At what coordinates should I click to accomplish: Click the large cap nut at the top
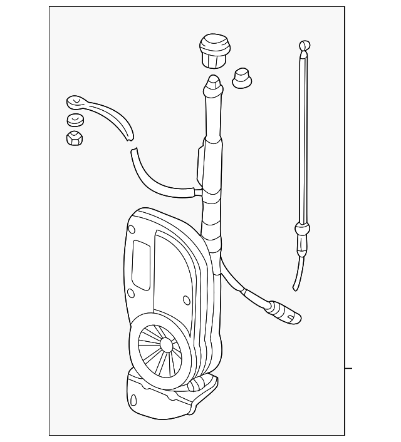tap(214, 51)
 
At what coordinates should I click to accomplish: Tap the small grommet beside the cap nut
tap(241, 78)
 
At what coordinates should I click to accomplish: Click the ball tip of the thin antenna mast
tap(304, 46)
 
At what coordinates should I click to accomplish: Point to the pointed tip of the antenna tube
tap(213, 81)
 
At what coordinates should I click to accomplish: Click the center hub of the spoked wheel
tap(166, 345)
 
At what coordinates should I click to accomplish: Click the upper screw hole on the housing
tap(132, 230)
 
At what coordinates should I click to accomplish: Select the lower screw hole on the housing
tap(131, 293)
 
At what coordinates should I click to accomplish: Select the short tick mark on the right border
tap(348, 368)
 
